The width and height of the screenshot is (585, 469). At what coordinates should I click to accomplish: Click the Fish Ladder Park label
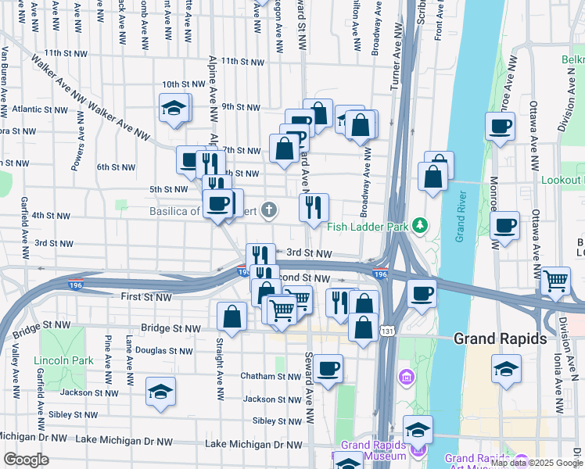coord(369,227)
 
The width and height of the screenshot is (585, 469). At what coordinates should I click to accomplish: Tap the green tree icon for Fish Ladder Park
coord(420,226)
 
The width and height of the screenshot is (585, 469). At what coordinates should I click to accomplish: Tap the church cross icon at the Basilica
coord(269,209)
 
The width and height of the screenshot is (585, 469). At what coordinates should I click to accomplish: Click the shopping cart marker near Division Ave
coord(555,281)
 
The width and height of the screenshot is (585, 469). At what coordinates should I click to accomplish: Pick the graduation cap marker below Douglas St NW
coord(160,390)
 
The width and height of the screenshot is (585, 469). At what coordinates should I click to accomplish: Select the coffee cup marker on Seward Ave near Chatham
coord(328,367)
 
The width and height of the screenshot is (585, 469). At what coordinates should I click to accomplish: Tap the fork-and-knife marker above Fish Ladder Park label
coord(314,207)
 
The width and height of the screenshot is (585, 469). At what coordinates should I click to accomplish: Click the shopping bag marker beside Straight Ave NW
coord(232,315)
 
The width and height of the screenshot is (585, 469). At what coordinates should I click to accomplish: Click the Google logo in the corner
coord(25,460)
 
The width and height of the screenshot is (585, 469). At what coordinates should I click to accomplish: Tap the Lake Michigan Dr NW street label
coord(253,444)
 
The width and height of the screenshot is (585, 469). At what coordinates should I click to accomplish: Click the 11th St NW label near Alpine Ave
coord(243,61)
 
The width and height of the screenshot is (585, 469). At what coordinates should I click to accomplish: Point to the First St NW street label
coord(146,297)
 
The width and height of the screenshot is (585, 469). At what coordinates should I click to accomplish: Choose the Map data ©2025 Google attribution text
coord(536,463)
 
